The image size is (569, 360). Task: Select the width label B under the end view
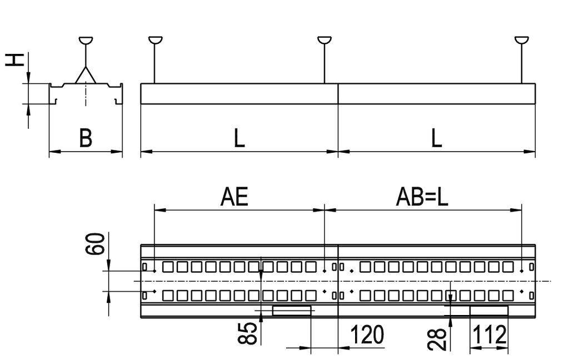click(x=85, y=138)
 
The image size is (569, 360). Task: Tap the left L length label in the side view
click(x=238, y=138)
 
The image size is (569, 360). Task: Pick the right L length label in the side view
click(x=437, y=138)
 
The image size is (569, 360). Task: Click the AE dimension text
click(x=235, y=197)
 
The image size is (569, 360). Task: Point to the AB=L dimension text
click(x=422, y=197)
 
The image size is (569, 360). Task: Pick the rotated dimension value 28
click(x=438, y=338)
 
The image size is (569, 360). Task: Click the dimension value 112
click(x=490, y=335)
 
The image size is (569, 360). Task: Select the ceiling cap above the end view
click(x=86, y=40)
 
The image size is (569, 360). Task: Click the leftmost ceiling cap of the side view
click(x=156, y=40)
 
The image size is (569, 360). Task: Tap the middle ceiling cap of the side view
click(x=325, y=40)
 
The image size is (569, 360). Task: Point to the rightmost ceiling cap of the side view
click(x=522, y=40)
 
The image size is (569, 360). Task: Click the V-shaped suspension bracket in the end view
click(x=86, y=75)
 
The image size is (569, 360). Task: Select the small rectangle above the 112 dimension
click(x=489, y=310)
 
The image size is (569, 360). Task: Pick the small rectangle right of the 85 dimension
click(x=291, y=310)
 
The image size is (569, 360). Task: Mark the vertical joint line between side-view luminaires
click(x=338, y=94)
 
